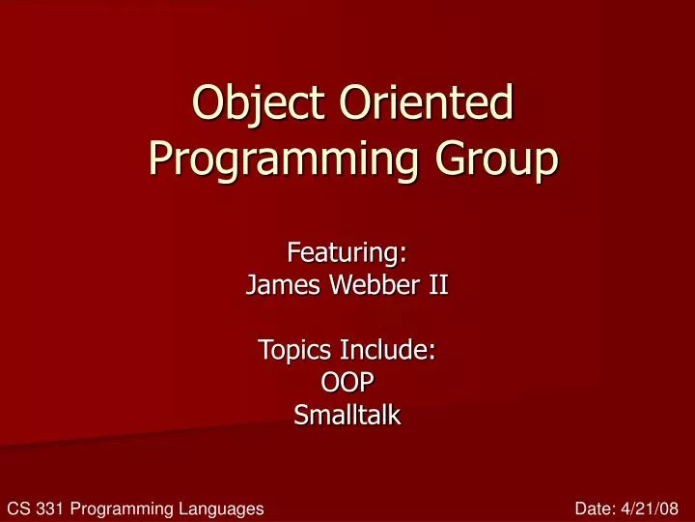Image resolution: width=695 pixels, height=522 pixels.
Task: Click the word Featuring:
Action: (347, 253)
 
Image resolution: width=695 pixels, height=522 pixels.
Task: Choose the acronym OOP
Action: (347, 383)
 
